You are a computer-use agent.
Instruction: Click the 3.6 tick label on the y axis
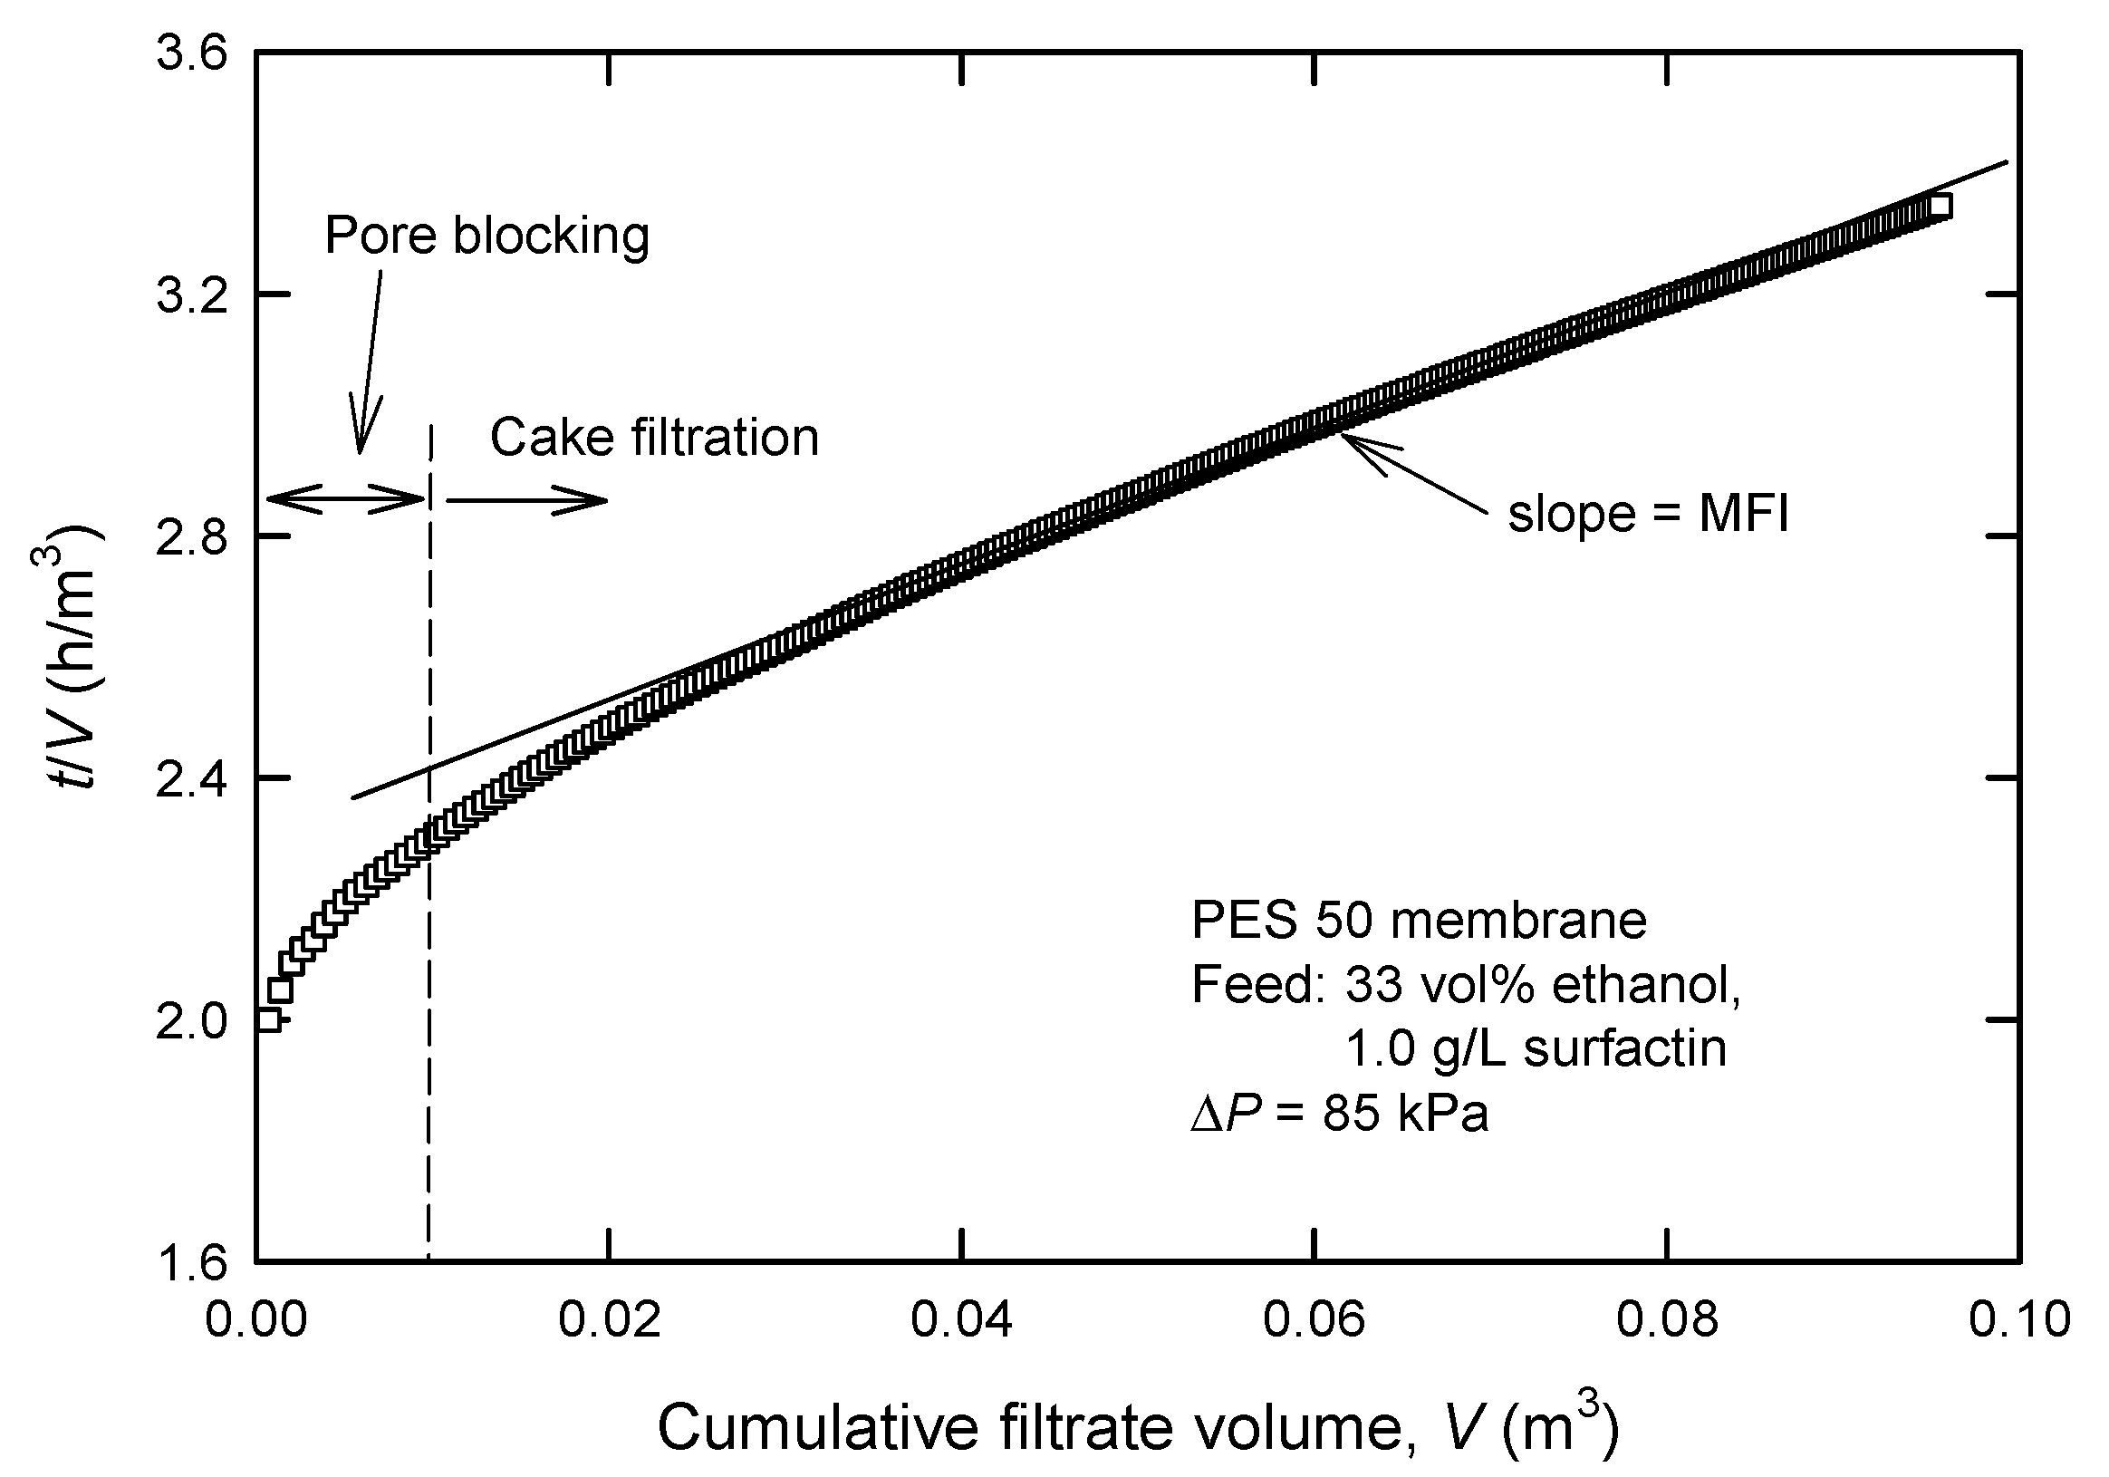[x=191, y=53]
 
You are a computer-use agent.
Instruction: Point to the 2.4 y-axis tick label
[x=191, y=777]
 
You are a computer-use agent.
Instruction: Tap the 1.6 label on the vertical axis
[x=191, y=1261]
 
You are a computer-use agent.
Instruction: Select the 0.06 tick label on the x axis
[x=1314, y=1320]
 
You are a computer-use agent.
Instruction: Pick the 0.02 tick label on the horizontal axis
[x=609, y=1320]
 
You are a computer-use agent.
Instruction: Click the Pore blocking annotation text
[x=486, y=236]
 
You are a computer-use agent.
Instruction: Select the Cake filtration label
[x=654, y=438]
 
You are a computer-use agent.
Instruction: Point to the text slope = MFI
[x=1648, y=514]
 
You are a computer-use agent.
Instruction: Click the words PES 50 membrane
[x=1419, y=921]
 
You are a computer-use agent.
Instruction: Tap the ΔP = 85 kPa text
[x=1339, y=1114]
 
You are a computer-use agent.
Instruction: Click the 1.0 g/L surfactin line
[x=1536, y=1048]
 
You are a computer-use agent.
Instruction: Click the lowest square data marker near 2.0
[x=268, y=1018]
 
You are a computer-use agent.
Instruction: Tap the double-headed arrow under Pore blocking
[x=345, y=498]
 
